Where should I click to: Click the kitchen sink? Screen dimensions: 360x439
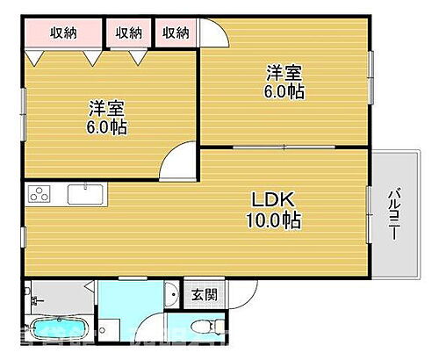coord(85,193)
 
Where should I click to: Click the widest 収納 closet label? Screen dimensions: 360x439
coord(62,32)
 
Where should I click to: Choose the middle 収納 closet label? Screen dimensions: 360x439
coord(129,32)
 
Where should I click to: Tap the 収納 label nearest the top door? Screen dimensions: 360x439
coord(176,32)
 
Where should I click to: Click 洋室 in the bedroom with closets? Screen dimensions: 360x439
coord(106,109)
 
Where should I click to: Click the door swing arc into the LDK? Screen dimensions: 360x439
coord(184,160)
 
